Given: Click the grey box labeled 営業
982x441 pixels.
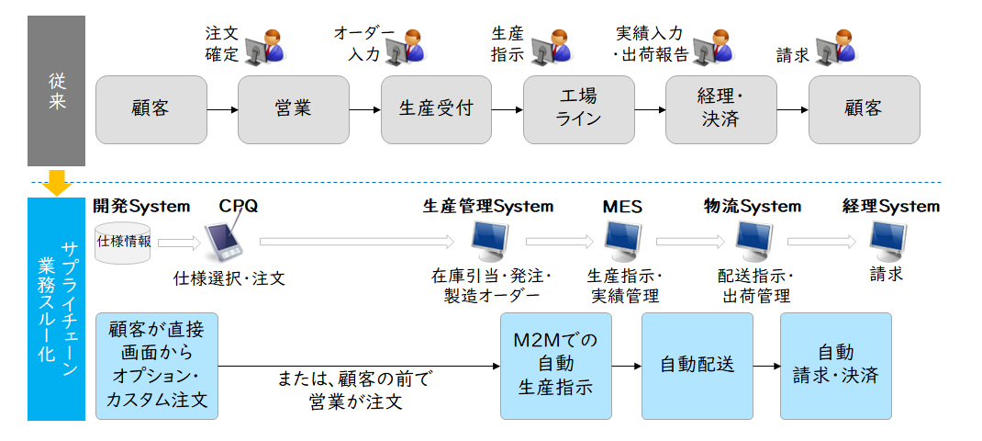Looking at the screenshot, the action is coord(293,109).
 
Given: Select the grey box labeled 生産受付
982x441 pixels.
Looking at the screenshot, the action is coord(437,109).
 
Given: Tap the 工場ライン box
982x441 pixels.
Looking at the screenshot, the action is coord(579,109).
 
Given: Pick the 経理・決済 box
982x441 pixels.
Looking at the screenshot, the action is coord(720,109).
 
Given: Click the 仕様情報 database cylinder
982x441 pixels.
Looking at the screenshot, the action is coord(123,242).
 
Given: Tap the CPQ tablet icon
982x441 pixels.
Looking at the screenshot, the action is coord(225,241).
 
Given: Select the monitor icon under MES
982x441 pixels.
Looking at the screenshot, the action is coord(622,243).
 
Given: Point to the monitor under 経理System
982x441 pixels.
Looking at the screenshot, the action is coord(888,243).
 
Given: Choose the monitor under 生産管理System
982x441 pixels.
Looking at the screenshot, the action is coord(490,243).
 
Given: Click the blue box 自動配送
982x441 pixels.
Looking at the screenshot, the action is coord(697,366).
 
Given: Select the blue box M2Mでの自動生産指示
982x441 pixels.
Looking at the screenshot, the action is coord(555,366).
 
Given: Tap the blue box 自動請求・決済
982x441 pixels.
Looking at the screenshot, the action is coord(835,366).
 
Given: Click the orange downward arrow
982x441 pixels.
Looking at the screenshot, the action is coord(57,182).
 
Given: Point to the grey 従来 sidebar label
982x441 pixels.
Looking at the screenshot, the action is coord(56,91).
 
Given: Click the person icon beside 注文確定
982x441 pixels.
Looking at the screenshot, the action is coord(265,46).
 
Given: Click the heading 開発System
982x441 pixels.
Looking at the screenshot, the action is coord(141,206).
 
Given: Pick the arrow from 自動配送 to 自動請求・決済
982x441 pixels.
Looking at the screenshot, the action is coord(766,366).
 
